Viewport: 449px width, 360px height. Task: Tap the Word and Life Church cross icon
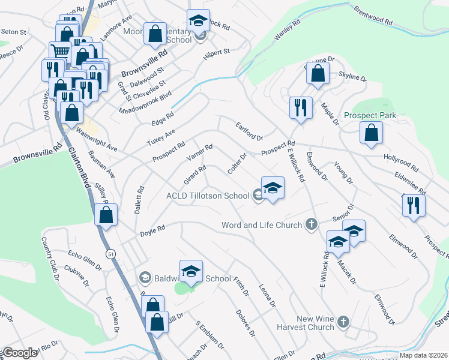(x=311, y=224)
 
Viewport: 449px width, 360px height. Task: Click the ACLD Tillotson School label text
(x=208, y=196)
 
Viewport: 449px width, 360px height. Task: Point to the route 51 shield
(x=111, y=254)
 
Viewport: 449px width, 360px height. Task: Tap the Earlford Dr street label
(x=249, y=131)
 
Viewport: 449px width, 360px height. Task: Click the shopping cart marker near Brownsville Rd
(x=60, y=51)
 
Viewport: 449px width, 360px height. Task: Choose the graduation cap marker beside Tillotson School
(x=273, y=188)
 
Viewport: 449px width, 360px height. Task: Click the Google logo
(x=19, y=353)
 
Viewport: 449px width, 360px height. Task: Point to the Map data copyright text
(x=423, y=355)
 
